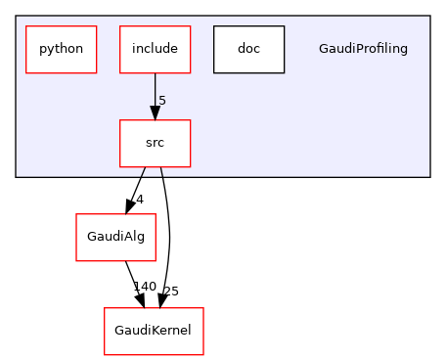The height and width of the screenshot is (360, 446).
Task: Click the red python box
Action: point(61,49)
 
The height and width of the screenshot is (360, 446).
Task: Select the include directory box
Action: point(155,49)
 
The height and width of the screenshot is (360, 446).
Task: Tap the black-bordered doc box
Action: point(248,49)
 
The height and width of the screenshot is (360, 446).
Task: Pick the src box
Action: point(155,143)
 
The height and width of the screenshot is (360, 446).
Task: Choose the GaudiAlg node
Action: point(116,237)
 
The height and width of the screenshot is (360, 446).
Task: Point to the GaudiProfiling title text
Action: point(363,49)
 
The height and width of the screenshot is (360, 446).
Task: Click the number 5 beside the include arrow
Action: point(162,101)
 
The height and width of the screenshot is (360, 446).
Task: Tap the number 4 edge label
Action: point(140,200)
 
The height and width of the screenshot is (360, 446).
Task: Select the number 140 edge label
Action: point(145,287)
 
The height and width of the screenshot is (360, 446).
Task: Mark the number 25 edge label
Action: point(170,292)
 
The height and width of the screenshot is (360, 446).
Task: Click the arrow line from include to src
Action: point(155,93)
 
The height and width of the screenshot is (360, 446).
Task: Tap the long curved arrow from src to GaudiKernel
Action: point(169,235)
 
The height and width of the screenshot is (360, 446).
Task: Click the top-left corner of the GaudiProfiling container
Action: point(16,16)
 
